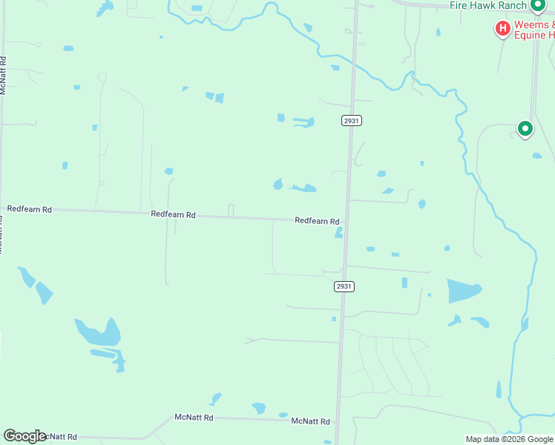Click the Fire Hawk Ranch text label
point(488,5)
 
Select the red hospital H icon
point(502,29)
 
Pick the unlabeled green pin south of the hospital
point(525,129)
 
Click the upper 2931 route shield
point(352,120)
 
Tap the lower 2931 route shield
point(344,286)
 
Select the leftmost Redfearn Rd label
point(30,210)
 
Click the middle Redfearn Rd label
point(173,214)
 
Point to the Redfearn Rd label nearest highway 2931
point(317,221)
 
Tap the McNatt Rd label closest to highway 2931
point(310,421)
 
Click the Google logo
point(24,436)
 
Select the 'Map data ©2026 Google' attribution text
point(509,439)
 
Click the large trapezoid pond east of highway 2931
point(464,291)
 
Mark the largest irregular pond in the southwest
point(99,334)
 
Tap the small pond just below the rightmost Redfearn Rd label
point(339,233)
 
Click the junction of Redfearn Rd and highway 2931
point(347,221)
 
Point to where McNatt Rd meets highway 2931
point(338,421)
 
